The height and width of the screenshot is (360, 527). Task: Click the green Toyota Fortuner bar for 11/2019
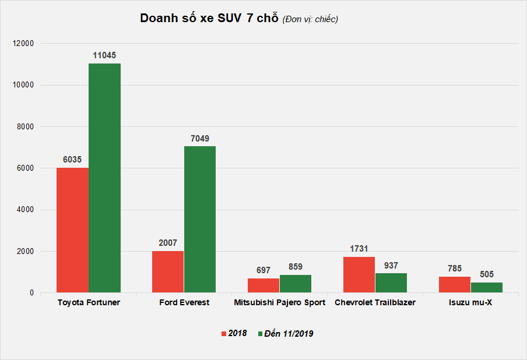tap(104, 178)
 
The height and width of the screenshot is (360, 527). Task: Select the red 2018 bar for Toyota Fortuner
tap(72, 230)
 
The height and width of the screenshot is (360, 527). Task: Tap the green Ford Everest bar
tap(200, 219)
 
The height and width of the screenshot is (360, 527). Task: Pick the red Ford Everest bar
tap(168, 271)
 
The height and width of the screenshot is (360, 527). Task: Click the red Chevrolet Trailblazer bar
tap(359, 274)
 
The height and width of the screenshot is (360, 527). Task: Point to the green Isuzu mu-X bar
tap(487, 287)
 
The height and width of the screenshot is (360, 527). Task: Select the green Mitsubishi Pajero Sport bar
tap(296, 284)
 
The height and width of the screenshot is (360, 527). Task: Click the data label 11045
tap(104, 55)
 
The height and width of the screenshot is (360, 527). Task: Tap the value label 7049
tap(200, 138)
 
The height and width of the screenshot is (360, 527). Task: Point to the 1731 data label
tap(359, 249)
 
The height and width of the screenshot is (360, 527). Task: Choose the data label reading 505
tap(487, 274)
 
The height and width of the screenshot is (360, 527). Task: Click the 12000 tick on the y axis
tap(24, 43)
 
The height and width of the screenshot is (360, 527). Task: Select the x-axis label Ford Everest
tap(184, 303)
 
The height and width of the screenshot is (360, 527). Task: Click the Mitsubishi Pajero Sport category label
tap(280, 303)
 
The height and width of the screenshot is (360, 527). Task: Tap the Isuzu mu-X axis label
tap(470, 303)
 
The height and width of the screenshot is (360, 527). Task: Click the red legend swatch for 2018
tap(223, 334)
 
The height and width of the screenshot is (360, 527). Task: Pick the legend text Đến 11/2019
tap(289, 334)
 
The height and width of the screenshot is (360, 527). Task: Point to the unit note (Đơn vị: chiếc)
tap(310, 19)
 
